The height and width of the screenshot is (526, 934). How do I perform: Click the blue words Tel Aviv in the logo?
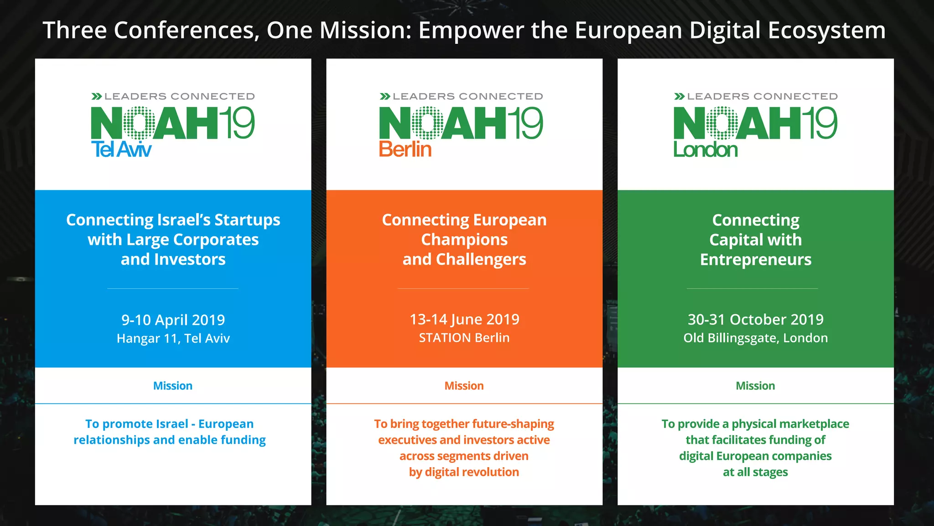pyautogui.click(x=121, y=150)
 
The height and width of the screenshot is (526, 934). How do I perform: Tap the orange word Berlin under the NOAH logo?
pyautogui.click(x=405, y=150)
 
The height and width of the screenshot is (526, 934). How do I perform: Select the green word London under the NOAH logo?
pyautogui.click(x=705, y=150)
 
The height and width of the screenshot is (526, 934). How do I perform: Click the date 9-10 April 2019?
pyautogui.click(x=173, y=320)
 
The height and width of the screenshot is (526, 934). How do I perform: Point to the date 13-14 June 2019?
pyautogui.click(x=464, y=319)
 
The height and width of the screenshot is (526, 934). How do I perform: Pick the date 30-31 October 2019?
pyautogui.click(x=755, y=319)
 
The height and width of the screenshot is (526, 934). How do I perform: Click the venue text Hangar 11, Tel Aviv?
pyautogui.click(x=173, y=339)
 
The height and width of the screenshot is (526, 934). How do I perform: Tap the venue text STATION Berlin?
pyautogui.click(x=464, y=338)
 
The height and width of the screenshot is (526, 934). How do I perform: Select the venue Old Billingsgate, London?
pyautogui.click(x=755, y=338)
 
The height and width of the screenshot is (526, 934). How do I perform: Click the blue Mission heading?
pyautogui.click(x=173, y=386)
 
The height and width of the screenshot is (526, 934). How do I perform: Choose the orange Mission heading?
pyautogui.click(x=464, y=386)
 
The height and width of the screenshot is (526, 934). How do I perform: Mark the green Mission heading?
pyautogui.click(x=755, y=386)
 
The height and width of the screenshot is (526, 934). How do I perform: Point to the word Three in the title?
pyautogui.click(x=74, y=31)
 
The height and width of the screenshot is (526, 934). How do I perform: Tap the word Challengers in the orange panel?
pyautogui.click(x=481, y=260)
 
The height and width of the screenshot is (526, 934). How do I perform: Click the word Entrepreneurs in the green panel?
pyautogui.click(x=756, y=260)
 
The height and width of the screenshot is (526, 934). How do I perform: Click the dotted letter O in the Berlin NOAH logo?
pyautogui.click(x=427, y=123)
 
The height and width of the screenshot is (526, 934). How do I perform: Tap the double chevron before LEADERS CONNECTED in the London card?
pyautogui.click(x=679, y=96)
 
